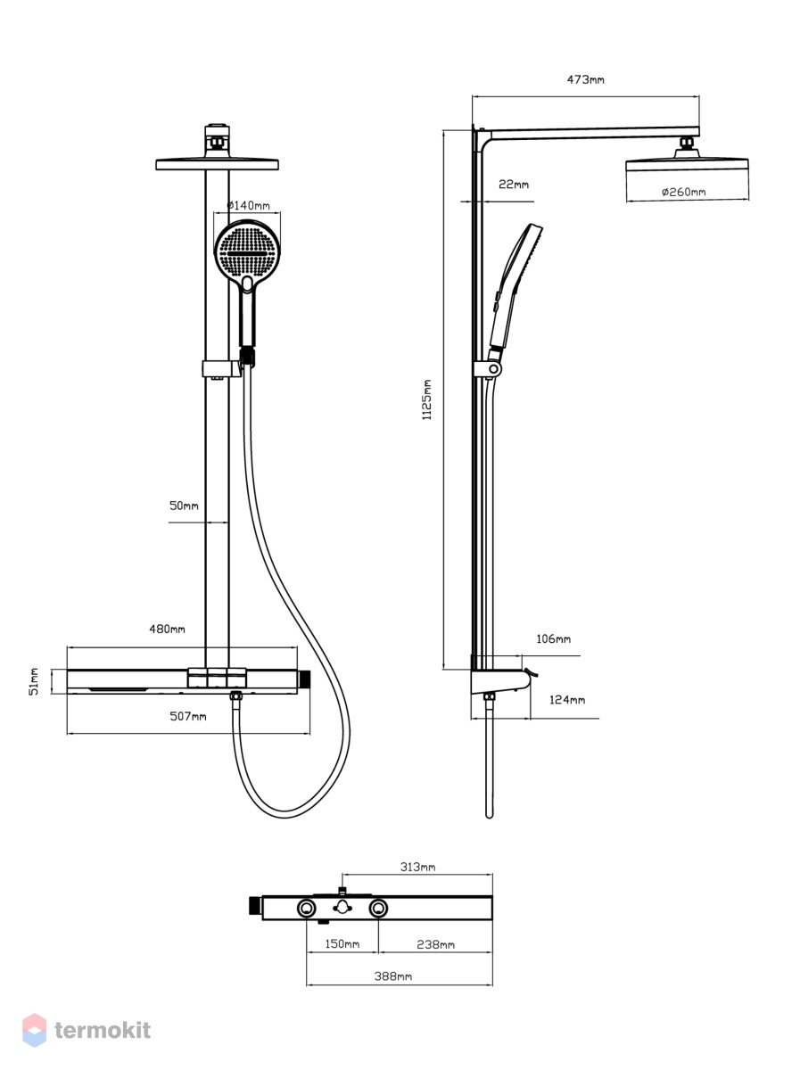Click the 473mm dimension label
585,79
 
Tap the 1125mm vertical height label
426,399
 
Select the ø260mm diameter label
683,192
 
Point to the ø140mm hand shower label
248,205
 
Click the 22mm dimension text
514,185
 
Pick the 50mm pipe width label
184,506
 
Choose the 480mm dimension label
167,629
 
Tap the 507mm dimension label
187,716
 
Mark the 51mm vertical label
34,681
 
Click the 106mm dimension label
553,638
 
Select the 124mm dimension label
567,700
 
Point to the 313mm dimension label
417,867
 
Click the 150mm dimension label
342,943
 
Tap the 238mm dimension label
435,944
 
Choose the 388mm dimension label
393,975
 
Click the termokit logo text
103,1030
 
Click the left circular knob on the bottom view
306,908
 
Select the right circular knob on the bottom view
378,908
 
